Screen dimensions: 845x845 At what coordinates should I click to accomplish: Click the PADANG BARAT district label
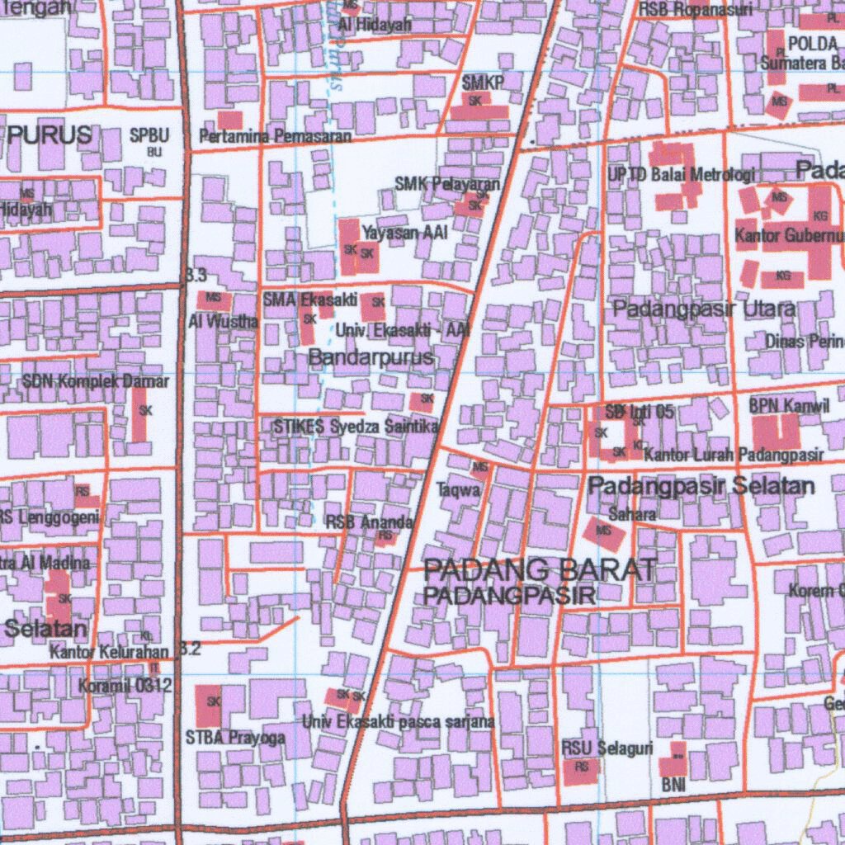click(x=541, y=569)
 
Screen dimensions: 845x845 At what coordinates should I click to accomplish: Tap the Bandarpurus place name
click(x=371, y=357)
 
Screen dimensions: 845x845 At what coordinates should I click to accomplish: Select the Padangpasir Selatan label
click(x=701, y=486)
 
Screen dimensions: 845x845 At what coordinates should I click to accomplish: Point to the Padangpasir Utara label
click(x=704, y=309)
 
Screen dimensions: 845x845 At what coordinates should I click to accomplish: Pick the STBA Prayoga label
click(x=235, y=737)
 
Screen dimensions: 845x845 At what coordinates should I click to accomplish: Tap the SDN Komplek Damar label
click(x=96, y=381)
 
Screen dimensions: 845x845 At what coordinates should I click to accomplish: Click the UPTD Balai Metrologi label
click(x=682, y=175)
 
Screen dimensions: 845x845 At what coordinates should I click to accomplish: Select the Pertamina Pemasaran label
click(x=276, y=135)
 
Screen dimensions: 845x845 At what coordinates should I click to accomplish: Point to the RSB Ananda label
click(x=369, y=522)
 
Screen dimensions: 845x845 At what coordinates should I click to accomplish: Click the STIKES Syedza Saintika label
click(x=356, y=427)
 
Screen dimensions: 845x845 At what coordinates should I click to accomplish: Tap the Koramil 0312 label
click(x=125, y=685)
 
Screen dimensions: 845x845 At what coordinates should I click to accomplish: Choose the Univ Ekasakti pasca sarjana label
click(x=398, y=722)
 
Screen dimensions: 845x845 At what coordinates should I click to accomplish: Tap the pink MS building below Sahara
click(x=605, y=532)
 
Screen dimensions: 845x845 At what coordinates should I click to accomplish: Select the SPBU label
click(x=149, y=135)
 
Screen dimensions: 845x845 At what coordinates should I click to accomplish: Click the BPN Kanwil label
click(x=777, y=407)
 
